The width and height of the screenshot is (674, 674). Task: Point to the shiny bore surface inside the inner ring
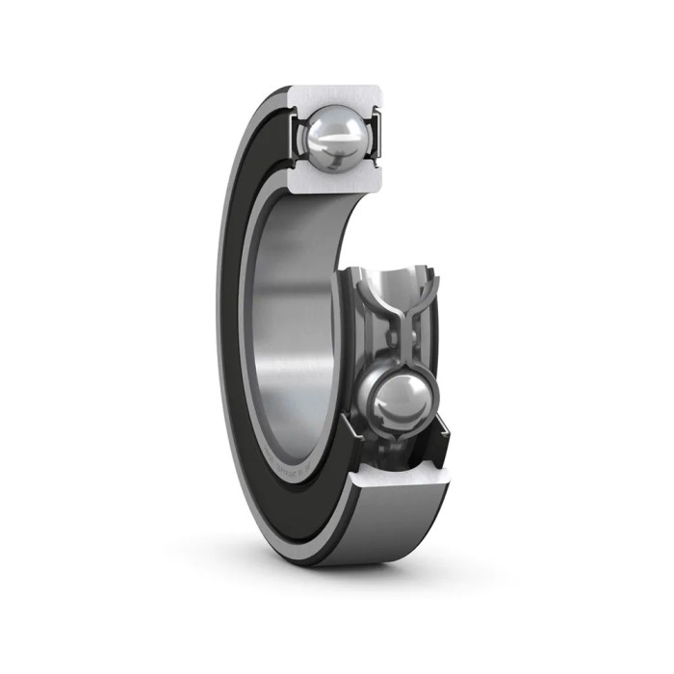[x=289, y=318]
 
